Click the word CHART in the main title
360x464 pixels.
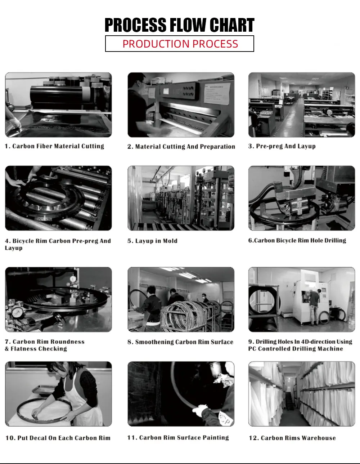click(x=232, y=25)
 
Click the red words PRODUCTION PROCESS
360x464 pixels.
click(x=180, y=44)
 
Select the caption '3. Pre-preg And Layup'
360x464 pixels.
click(x=282, y=146)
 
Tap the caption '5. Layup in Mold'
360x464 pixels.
click(x=152, y=241)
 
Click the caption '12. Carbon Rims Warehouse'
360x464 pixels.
click(x=292, y=438)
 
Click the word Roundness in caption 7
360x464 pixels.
click(x=68, y=342)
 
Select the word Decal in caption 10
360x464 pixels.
click(x=38, y=438)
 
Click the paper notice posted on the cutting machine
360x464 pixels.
click(x=217, y=94)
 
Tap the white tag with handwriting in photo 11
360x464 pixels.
click(x=225, y=419)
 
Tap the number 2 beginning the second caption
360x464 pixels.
click(x=129, y=147)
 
